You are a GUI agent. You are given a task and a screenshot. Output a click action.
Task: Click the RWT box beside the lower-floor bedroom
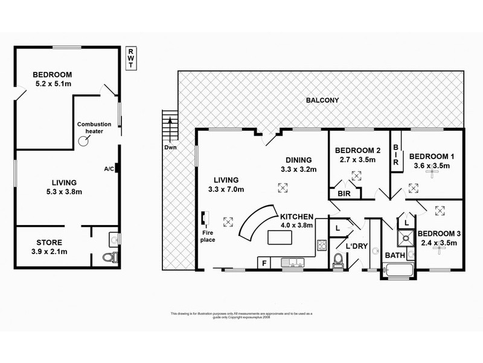[130, 59]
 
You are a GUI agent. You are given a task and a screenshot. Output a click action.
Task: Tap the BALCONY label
[321, 100]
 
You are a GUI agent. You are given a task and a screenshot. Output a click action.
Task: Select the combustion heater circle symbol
[85, 140]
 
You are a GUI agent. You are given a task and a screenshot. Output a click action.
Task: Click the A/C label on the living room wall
[109, 169]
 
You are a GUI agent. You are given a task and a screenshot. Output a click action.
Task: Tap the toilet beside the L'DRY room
[339, 260]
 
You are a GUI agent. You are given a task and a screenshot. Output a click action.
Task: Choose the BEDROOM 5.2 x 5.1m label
[53, 80]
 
